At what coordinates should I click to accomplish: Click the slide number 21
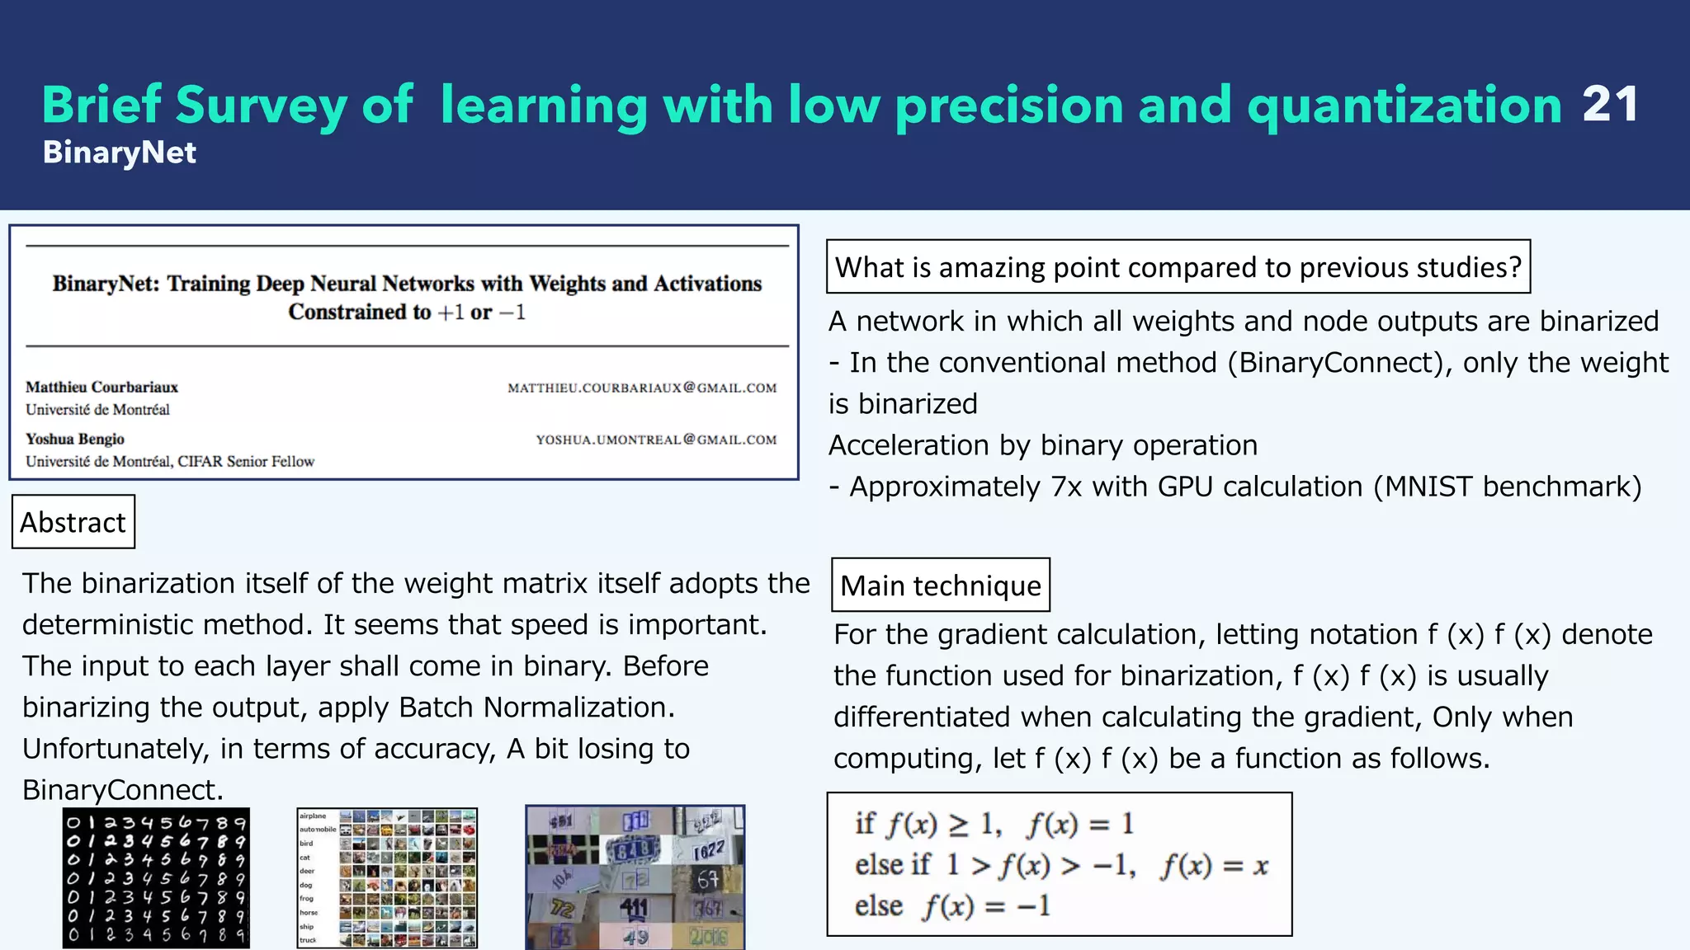click(x=1610, y=105)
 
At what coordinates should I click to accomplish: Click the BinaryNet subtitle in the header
click(x=120, y=153)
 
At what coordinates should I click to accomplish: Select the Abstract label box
click(x=73, y=522)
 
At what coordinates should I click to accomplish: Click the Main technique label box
click(x=940, y=586)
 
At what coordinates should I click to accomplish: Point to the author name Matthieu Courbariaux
click(x=101, y=387)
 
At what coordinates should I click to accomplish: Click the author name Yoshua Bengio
click(x=75, y=439)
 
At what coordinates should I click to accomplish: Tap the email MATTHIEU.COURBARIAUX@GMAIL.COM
click(x=642, y=388)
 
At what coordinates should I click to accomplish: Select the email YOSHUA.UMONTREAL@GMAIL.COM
click(x=656, y=440)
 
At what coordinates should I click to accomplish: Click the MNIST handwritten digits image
click(x=156, y=877)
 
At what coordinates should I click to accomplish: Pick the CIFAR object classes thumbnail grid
click(x=387, y=877)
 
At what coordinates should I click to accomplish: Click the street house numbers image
click(x=635, y=877)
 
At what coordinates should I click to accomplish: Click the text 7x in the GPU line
click(x=1066, y=487)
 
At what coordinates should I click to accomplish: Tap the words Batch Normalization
click(x=536, y=708)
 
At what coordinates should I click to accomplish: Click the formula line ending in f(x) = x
click(x=1060, y=865)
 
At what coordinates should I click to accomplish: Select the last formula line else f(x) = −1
click(x=952, y=906)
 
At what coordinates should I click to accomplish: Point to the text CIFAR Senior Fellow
click(x=246, y=462)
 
